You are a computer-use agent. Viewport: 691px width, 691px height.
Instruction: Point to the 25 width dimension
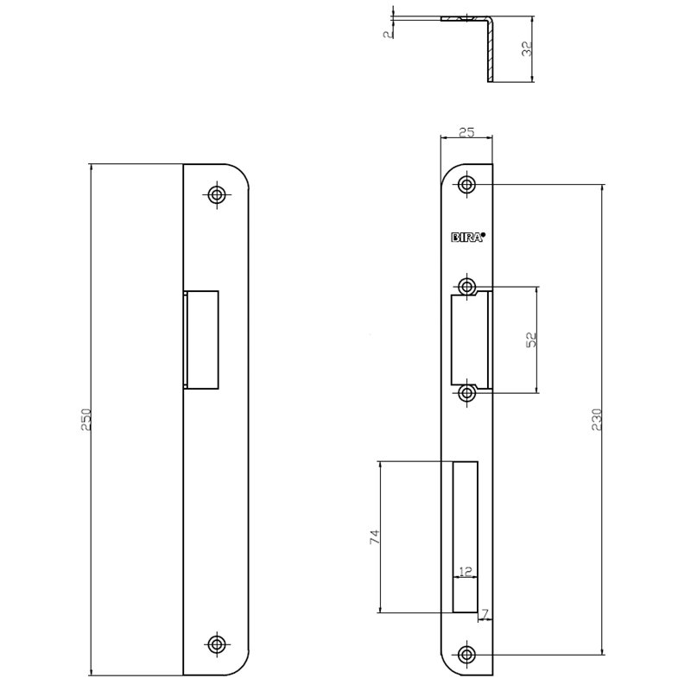pyautogui.click(x=466, y=133)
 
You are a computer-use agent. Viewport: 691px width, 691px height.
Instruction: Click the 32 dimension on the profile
pyautogui.click(x=528, y=50)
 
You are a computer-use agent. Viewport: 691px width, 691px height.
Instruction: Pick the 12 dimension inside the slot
pyautogui.click(x=466, y=572)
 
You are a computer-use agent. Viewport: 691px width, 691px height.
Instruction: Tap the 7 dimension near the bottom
pyautogui.click(x=485, y=614)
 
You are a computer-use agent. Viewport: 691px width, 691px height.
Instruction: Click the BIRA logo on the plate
pyautogui.click(x=468, y=238)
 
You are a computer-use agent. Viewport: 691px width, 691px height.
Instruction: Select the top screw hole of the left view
pyautogui.click(x=216, y=193)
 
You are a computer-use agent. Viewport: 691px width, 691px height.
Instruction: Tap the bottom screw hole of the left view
pyautogui.click(x=216, y=643)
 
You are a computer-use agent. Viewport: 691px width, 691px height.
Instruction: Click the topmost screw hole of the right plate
pyautogui.click(x=467, y=184)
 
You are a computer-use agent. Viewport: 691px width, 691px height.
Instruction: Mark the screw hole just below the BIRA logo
pyautogui.click(x=467, y=286)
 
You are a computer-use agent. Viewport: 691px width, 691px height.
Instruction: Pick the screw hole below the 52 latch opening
pyautogui.click(x=467, y=394)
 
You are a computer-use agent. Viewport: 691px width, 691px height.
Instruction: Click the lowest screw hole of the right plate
pyautogui.click(x=467, y=654)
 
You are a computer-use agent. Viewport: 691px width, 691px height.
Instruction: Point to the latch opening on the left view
pyautogui.click(x=200, y=339)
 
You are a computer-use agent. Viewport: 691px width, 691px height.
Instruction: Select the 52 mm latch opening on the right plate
pyautogui.click(x=472, y=339)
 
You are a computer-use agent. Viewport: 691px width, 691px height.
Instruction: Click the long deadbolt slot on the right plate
pyautogui.click(x=466, y=536)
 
